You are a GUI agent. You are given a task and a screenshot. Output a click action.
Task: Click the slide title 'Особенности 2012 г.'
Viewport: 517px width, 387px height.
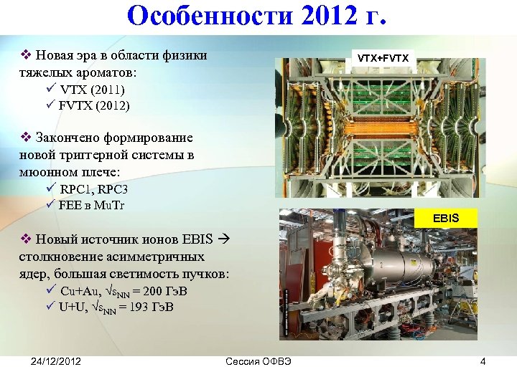tap(258, 16)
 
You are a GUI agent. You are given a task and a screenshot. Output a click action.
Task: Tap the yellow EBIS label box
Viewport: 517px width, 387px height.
tap(446, 217)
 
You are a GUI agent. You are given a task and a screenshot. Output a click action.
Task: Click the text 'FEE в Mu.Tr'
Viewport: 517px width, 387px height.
tap(92, 206)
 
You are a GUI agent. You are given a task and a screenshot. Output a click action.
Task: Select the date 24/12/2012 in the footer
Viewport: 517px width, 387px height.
tap(56, 361)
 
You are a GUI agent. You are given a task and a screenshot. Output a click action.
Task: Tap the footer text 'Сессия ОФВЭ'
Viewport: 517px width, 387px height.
tap(258, 361)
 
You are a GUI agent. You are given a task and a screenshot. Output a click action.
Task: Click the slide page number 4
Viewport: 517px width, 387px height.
tap(483, 361)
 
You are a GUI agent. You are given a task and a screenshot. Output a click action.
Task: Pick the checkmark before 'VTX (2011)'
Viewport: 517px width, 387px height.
tap(50, 90)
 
